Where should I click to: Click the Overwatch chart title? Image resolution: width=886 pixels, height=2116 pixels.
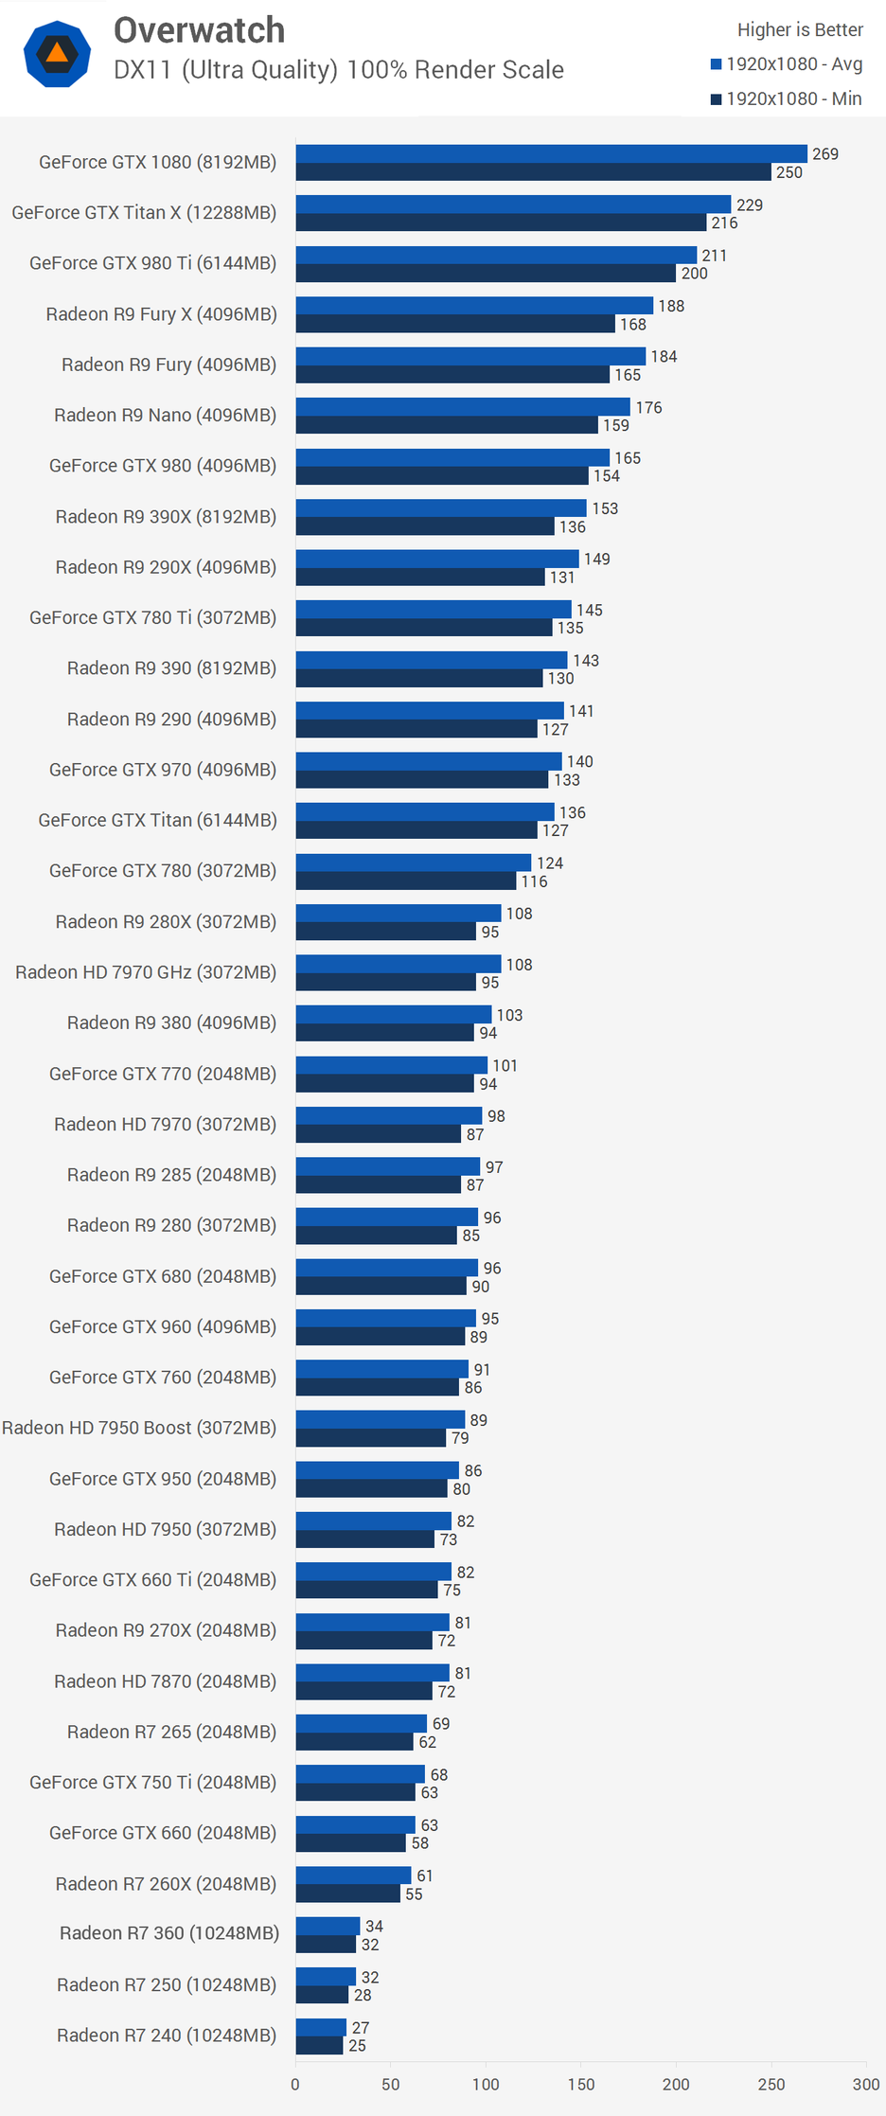click(199, 30)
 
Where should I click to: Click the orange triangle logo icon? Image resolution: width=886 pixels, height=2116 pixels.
click(57, 53)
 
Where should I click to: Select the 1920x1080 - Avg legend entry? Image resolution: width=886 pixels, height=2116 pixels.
click(787, 64)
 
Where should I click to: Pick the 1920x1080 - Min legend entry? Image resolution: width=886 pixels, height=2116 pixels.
click(787, 98)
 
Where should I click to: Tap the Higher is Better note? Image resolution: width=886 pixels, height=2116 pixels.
click(800, 30)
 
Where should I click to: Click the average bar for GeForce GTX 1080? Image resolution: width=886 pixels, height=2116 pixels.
click(551, 153)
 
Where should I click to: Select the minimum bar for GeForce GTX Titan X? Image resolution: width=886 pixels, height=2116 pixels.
click(501, 222)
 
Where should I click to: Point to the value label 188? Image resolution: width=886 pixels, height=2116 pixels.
click(671, 306)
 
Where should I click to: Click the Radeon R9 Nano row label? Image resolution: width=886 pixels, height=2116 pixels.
click(165, 416)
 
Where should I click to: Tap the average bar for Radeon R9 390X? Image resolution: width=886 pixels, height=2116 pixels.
click(440, 508)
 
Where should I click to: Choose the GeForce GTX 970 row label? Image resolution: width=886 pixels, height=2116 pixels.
click(163, 770)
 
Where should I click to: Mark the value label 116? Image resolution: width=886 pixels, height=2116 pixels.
click(534, 881)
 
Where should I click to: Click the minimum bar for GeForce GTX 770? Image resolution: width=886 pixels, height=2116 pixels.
click(384, 1084)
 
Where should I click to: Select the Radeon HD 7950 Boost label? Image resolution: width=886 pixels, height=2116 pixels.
click(139, 1428)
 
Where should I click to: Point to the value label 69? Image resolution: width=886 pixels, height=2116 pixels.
click(441, 1724)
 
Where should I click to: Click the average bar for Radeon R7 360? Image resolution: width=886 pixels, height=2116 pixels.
click(328, 1927)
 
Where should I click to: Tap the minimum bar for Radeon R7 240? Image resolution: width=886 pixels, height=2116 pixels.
click(319, 2046)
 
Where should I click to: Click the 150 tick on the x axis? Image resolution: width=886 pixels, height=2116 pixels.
click(581, 2084)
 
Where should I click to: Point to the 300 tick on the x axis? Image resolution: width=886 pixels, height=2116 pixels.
click(866, 2084)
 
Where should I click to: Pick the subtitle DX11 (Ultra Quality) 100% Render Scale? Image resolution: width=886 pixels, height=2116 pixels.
click(339, 70)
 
